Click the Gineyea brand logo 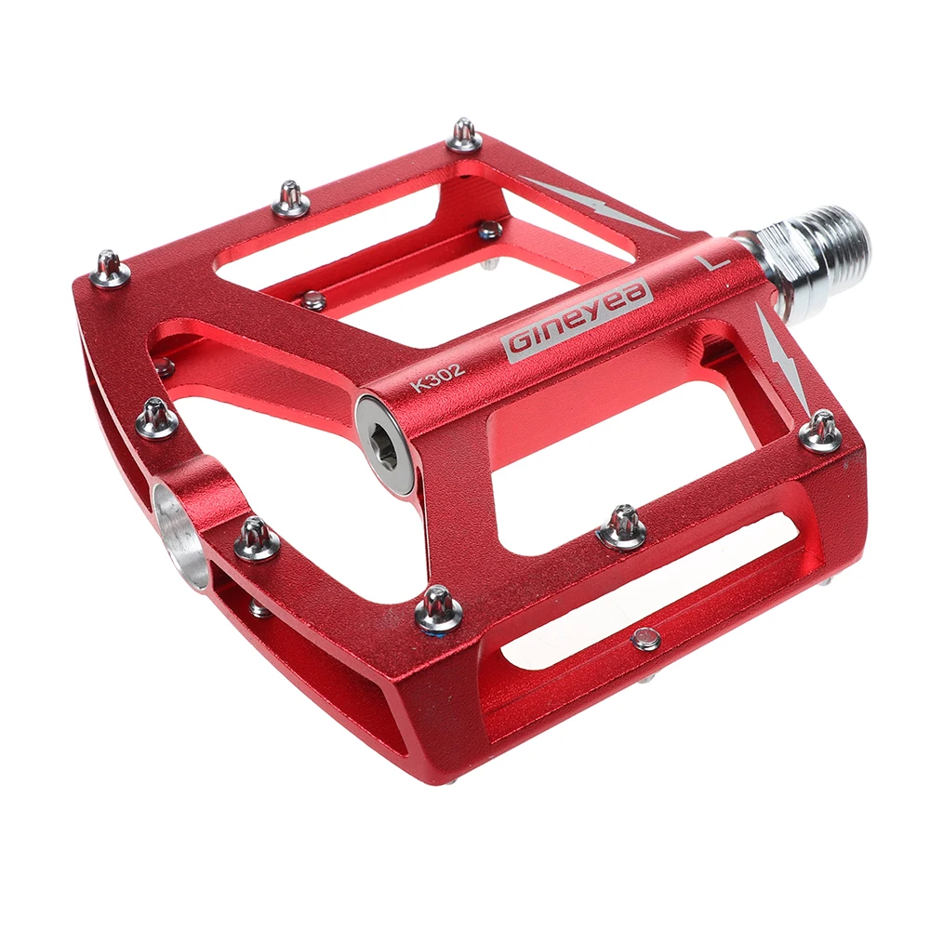tap(578, 316)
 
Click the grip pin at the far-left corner tap(110, 269)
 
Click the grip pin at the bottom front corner tap(438, 609)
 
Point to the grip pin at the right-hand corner tap(820, 432)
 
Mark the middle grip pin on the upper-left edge tap(290, 198)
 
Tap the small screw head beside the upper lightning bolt tap(489, 229)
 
